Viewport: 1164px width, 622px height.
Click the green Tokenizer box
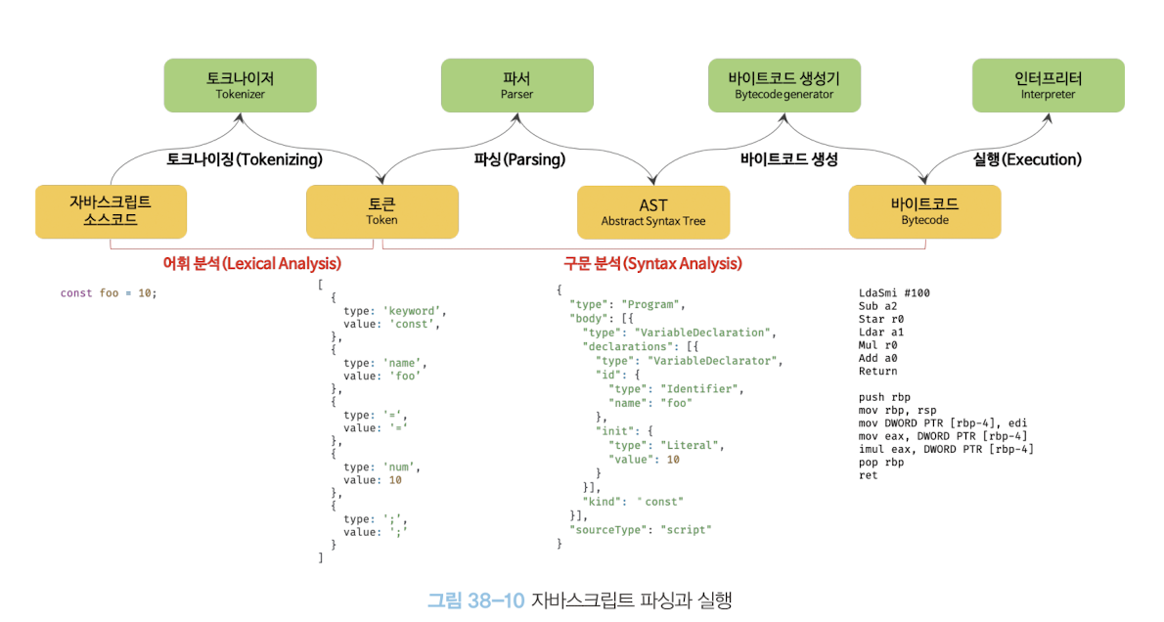[x=240, y=85]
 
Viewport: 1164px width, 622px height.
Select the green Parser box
[x=516, y=85]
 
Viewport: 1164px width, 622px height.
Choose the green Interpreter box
[x=1048, y=85]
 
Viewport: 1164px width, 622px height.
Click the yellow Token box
[x=381, y=211]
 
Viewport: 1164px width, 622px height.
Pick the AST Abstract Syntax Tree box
[x=652, y=212]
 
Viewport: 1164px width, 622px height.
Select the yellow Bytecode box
[x=924, y=211]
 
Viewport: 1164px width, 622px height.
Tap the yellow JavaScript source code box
[x=111, y=211]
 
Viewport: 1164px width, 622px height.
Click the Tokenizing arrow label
[x=245, y=158]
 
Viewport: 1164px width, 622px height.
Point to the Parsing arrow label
[x=519, y=158]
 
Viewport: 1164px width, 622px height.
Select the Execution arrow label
[x=1027, y=158]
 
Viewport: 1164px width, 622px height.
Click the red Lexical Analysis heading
[x=251, y=263]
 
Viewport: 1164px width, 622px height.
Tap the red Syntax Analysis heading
[x=652, y=263]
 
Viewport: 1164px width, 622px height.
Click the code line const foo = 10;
[x=108, y=292]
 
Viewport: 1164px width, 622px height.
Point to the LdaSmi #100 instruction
[x=894, y=292]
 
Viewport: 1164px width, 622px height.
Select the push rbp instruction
[x=884, y=397]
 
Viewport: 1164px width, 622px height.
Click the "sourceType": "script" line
[x=641, y=529]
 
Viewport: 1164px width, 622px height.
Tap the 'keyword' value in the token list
[x=414, y=310]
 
